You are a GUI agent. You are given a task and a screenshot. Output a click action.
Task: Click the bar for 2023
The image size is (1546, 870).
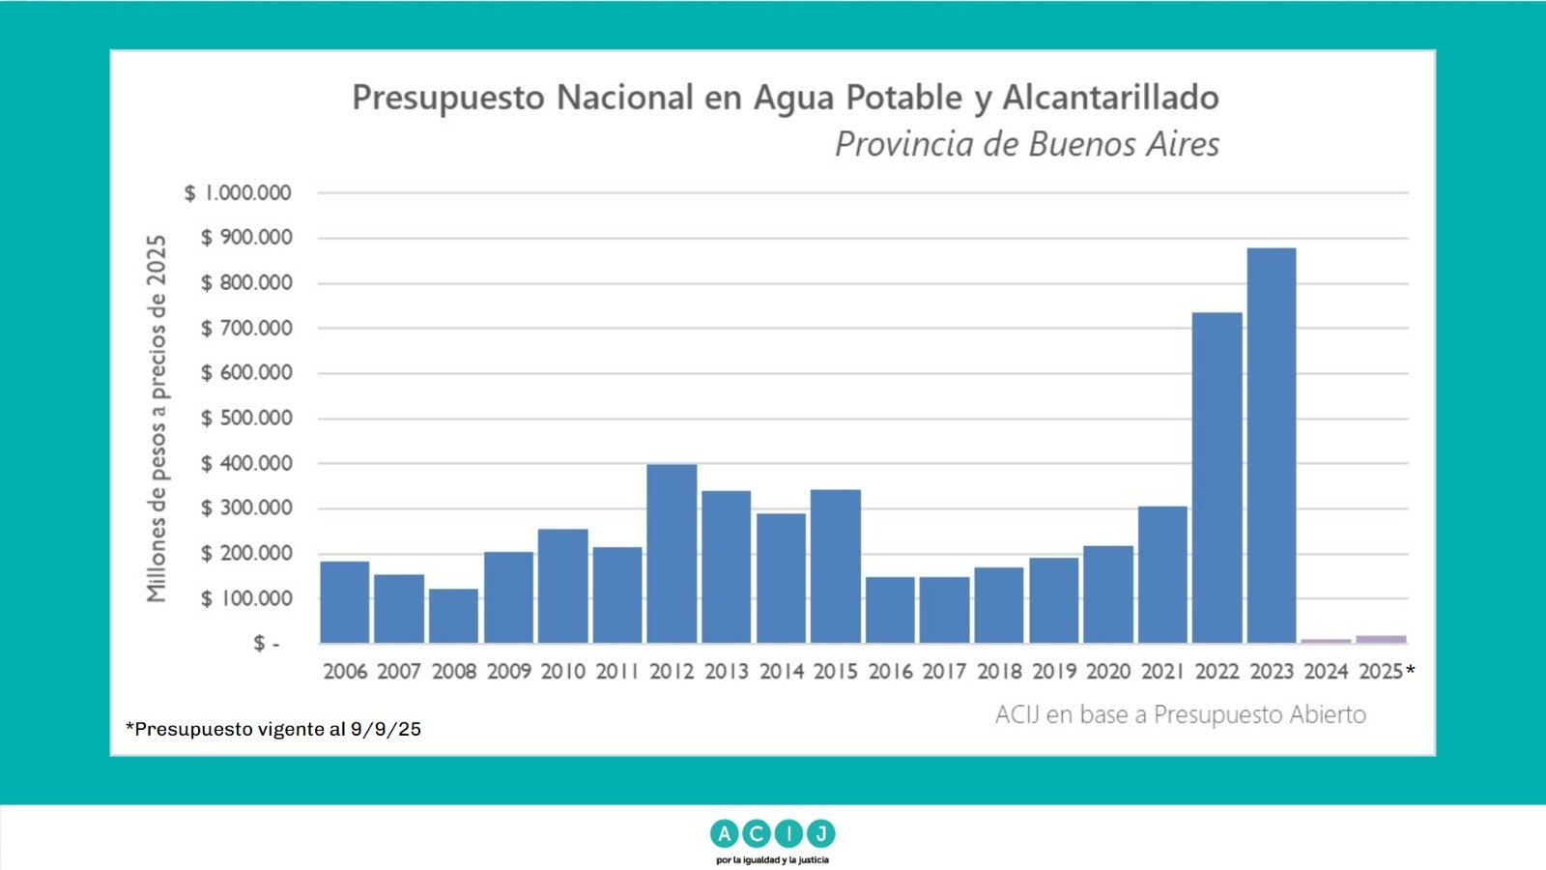(1272, 446)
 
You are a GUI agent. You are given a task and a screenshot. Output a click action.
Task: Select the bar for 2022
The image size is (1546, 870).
(1217, 478)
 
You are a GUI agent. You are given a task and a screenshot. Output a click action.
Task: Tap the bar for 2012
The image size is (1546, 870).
(672, 554)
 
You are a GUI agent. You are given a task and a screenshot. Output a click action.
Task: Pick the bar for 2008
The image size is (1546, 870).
(453, 616)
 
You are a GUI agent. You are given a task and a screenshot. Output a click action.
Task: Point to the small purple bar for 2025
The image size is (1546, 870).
(1381, 639)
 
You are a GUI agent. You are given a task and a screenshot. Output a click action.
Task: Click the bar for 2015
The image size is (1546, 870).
(836, 566)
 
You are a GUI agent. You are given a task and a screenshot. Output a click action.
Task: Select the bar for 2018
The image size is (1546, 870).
(999, 605)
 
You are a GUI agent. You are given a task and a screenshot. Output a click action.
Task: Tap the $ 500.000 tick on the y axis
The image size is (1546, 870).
(246, 419)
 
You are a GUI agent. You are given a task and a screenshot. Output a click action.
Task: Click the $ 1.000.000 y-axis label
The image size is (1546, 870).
(238, 193)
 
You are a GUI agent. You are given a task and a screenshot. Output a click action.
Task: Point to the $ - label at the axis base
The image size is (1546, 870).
(266, 644)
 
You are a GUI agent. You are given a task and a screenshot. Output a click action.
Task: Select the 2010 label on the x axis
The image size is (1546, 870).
(563, 672)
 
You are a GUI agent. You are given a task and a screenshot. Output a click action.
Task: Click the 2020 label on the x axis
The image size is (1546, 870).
(1108, 672)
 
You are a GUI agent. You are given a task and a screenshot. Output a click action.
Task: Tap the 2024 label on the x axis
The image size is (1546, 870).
(1326, 672)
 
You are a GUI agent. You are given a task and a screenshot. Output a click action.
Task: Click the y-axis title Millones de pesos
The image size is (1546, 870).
(157, 419)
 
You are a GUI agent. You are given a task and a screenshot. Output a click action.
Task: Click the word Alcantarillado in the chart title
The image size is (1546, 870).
(1110, 98)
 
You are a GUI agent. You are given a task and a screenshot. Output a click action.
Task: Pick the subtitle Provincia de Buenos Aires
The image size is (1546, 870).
(1026, 145)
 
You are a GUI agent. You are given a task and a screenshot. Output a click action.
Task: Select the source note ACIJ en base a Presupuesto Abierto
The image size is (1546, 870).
(1180, 715)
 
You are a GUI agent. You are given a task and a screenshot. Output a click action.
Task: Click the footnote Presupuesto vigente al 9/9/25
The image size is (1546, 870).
(273, 729)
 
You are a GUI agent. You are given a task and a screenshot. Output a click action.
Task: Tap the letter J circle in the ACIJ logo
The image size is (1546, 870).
(820, 833)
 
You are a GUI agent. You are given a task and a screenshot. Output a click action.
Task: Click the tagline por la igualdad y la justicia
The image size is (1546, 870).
(772, 859)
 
